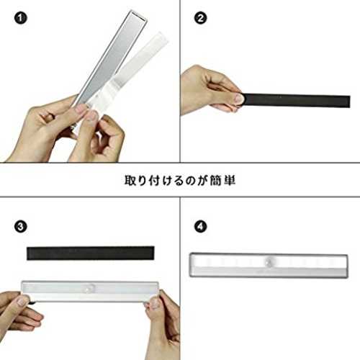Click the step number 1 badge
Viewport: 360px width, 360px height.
[x=20, y=18]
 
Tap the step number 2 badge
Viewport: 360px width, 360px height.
[x=201, y=18]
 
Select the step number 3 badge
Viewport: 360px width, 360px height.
[x=20, y=226]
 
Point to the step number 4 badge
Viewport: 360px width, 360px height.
[x=201, y=226]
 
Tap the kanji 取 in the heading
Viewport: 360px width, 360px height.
[x=130, y=181]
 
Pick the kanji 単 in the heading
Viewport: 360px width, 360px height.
[x=229, y=181]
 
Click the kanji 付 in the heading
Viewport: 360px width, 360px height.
[x=155, y=181]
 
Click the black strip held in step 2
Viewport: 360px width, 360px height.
[x=296, y=101]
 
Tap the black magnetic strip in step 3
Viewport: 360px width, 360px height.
[x=91, y=253]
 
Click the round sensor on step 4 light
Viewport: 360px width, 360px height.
[x=270, y=261]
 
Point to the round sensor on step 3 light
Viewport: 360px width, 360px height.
[x=91, y=288]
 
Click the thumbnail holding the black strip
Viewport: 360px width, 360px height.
[x=238, y=98]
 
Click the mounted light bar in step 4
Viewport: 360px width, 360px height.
[x=269, y=265]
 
